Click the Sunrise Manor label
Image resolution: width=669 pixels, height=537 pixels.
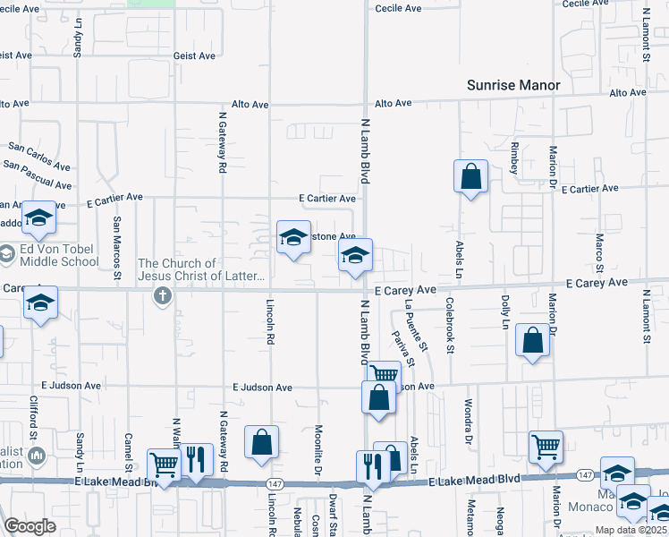(513, 86)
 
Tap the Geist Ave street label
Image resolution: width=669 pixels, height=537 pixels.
(195, 55)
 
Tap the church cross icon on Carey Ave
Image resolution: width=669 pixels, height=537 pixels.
(162, 295)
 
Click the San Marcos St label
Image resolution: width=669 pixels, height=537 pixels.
(116, 243)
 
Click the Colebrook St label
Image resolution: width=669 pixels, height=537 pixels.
(451, 326)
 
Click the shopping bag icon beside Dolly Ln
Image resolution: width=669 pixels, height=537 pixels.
(533, 341)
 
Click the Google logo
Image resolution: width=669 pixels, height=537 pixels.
(30, 525)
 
